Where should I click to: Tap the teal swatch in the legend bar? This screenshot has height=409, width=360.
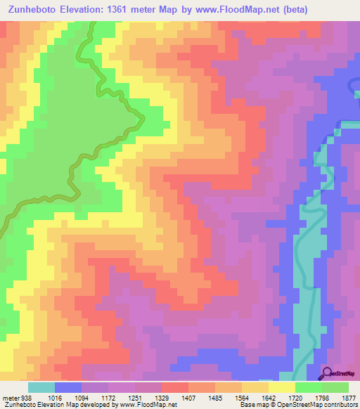point(41,387)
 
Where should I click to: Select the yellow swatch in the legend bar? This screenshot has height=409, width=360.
point(281,387)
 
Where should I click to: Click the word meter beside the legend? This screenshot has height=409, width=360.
point(10,396)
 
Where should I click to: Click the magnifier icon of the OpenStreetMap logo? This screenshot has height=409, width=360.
point(328,373)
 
